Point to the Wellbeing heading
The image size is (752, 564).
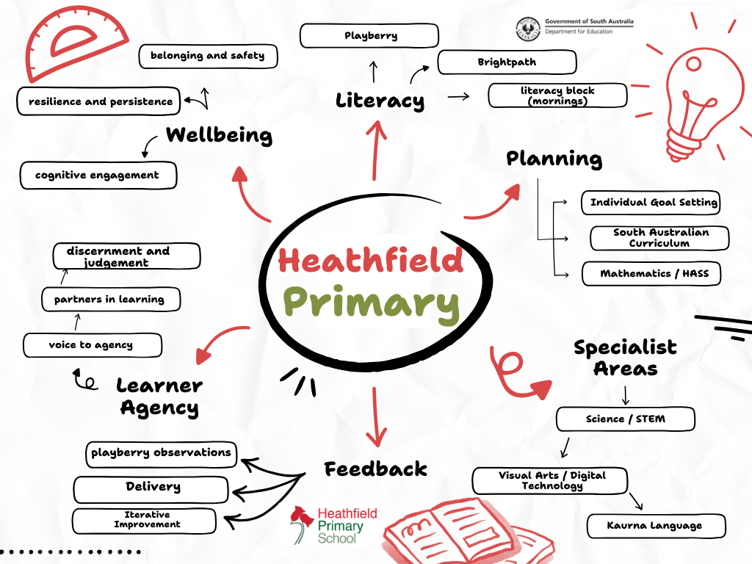pyautogui.click(x=219, y=135)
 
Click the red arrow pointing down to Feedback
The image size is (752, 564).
pyautogui.click(x=376, y=416)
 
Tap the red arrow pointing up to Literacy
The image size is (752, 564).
pyautogui.click(x=376, y=150)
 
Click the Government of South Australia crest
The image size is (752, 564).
pyautogui.click(x=527, y=29)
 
